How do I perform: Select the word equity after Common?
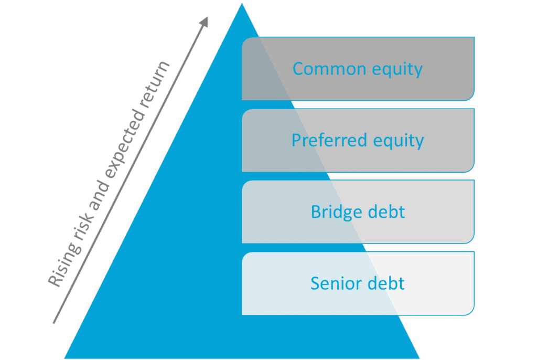pos(398,70)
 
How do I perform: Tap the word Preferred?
pos(329,140)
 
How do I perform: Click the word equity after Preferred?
pos(399,142)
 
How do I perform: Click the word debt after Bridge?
pos(386,211)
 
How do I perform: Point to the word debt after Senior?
pos(386,283)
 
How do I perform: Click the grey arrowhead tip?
pos(208,17)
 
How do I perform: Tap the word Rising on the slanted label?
pos(66,263)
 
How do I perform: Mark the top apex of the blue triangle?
pos(242,4)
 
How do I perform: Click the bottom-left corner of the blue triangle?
pos(65,358)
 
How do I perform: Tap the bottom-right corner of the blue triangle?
pos(420,358)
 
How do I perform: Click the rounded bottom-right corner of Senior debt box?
pos(471,312)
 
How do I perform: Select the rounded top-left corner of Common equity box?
pos(244,40)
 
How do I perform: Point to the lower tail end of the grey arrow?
pos(53,323)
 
